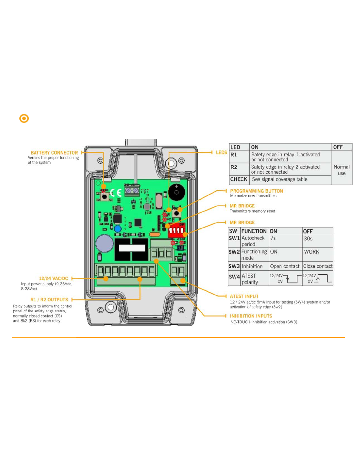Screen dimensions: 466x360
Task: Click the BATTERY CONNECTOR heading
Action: pos(54,153)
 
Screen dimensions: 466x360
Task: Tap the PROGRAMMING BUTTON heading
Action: pos(256,191)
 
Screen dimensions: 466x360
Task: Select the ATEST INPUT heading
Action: pos(244,296)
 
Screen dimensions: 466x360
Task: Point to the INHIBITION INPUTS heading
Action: pos(251,316)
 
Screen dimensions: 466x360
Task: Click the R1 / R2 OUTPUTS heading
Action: pos(49,300)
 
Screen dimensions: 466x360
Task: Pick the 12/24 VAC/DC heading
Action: pos(53,278)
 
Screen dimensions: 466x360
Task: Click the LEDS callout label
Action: pos(221,152)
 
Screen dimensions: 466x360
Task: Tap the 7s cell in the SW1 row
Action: pos(273,238)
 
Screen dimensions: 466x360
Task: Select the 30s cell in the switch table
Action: pos(308,238)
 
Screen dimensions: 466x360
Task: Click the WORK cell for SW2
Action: pos(312,252)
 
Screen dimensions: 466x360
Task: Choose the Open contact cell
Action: pos(284,266)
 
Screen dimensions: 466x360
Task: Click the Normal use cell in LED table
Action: pos(341,170)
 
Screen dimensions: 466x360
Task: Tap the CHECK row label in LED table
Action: pos(239,179)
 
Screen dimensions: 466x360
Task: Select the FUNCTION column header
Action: pos(254,231)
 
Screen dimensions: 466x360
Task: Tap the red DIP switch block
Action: pos(176,230)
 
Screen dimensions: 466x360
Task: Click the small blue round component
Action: pos(118,229)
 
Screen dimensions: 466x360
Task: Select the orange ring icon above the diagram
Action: pos(24,118)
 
